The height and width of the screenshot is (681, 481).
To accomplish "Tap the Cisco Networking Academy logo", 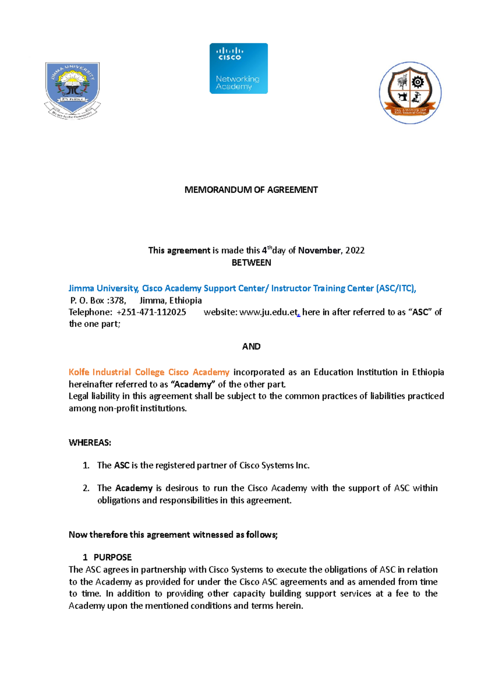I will pyautogui.click(x=238, y=69).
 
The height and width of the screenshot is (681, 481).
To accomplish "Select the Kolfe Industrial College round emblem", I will pyautogui.click(x=410, y=93).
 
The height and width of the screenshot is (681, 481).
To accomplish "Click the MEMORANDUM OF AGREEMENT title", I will pyautogui.click(x=251, y=190).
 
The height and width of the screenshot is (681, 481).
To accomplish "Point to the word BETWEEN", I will pyautogui.click(x=251, y=263).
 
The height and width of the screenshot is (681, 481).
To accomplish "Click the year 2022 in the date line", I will pyautogui.click(x=355, y=251).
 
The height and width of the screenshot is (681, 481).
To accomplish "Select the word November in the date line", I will pyautogui.click(x=319, y=251).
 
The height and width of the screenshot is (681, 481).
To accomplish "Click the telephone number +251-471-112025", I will pyautogui.click(x=151, y=312).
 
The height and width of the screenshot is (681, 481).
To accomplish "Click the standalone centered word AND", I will pyautogui.click(x=251, y=347).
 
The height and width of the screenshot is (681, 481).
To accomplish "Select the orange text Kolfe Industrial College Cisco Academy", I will pyautogui.click(x=149, y=372).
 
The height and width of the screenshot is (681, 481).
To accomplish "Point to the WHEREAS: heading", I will pyautogui.click(x=90, y=443).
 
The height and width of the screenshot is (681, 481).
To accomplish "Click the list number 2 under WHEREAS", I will pyautogui.click(x=86, y=488).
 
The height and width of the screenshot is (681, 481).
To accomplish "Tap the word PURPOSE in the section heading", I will pyautogui.click(x=113, y=557).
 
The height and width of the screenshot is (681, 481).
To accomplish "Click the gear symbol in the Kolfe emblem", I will pyautogui.click(x=418, y=82).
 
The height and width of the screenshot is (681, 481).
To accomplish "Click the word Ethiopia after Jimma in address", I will pyautogui.click(x=186, y=300).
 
